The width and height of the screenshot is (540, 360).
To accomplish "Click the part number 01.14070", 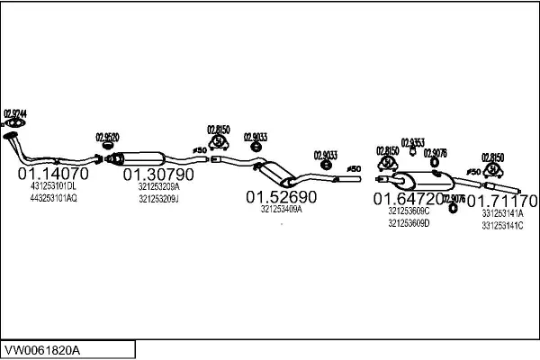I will point(53,173).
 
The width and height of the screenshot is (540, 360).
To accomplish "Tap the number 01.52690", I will point(282,195).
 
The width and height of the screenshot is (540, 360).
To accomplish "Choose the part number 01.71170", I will point(507,199).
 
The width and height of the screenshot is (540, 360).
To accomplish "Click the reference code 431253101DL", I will point(53,186).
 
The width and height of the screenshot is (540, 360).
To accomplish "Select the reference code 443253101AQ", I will point(53,197).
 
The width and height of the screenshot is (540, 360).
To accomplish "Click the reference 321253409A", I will point(282,209).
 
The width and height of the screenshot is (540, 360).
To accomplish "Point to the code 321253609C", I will point(409,211).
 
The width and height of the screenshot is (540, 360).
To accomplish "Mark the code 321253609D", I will point(409,222).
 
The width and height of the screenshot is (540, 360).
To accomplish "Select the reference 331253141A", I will point(502,213).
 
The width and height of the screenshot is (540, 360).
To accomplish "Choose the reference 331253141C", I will point(502,225).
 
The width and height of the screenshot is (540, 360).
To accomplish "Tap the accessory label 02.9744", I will point(15,113).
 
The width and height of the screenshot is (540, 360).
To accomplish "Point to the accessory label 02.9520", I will point(107,137).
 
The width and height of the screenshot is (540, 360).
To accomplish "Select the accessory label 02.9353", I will point(412,143).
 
